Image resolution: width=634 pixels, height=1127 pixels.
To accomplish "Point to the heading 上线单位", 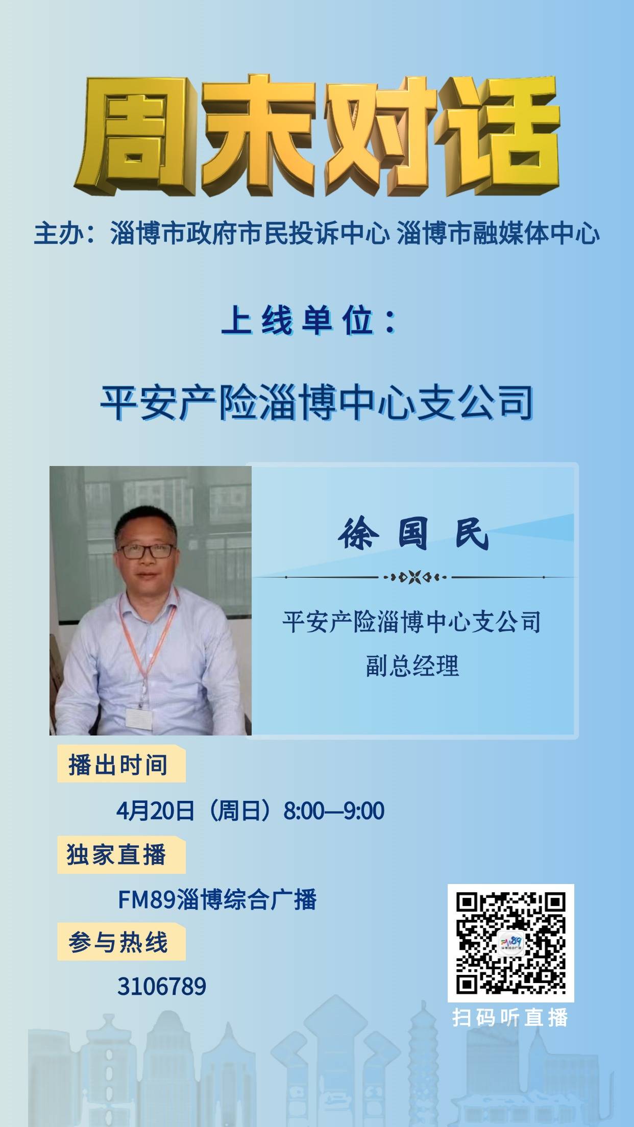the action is pyautogui.click(x=309, y=322).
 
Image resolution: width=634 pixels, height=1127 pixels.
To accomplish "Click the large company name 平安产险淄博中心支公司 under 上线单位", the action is pyautogui.click(x=316, y=403).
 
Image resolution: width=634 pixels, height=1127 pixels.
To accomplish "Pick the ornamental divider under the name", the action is pyautogui.click(x=414, y=577).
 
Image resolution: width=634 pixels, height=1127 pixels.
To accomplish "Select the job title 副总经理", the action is pyautogui.click(x=412, y=666).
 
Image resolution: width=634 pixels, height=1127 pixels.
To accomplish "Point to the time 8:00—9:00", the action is pyautogui.click(x=334, y=811).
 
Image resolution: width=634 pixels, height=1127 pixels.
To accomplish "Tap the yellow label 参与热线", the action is pyautogui.click(x=118, y=942).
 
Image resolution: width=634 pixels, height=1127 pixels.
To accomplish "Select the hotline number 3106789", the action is pyautogui.click(x=162, y=986).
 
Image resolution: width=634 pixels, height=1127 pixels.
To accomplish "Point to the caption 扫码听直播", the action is pyautogui.click(x=510, y=1018).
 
